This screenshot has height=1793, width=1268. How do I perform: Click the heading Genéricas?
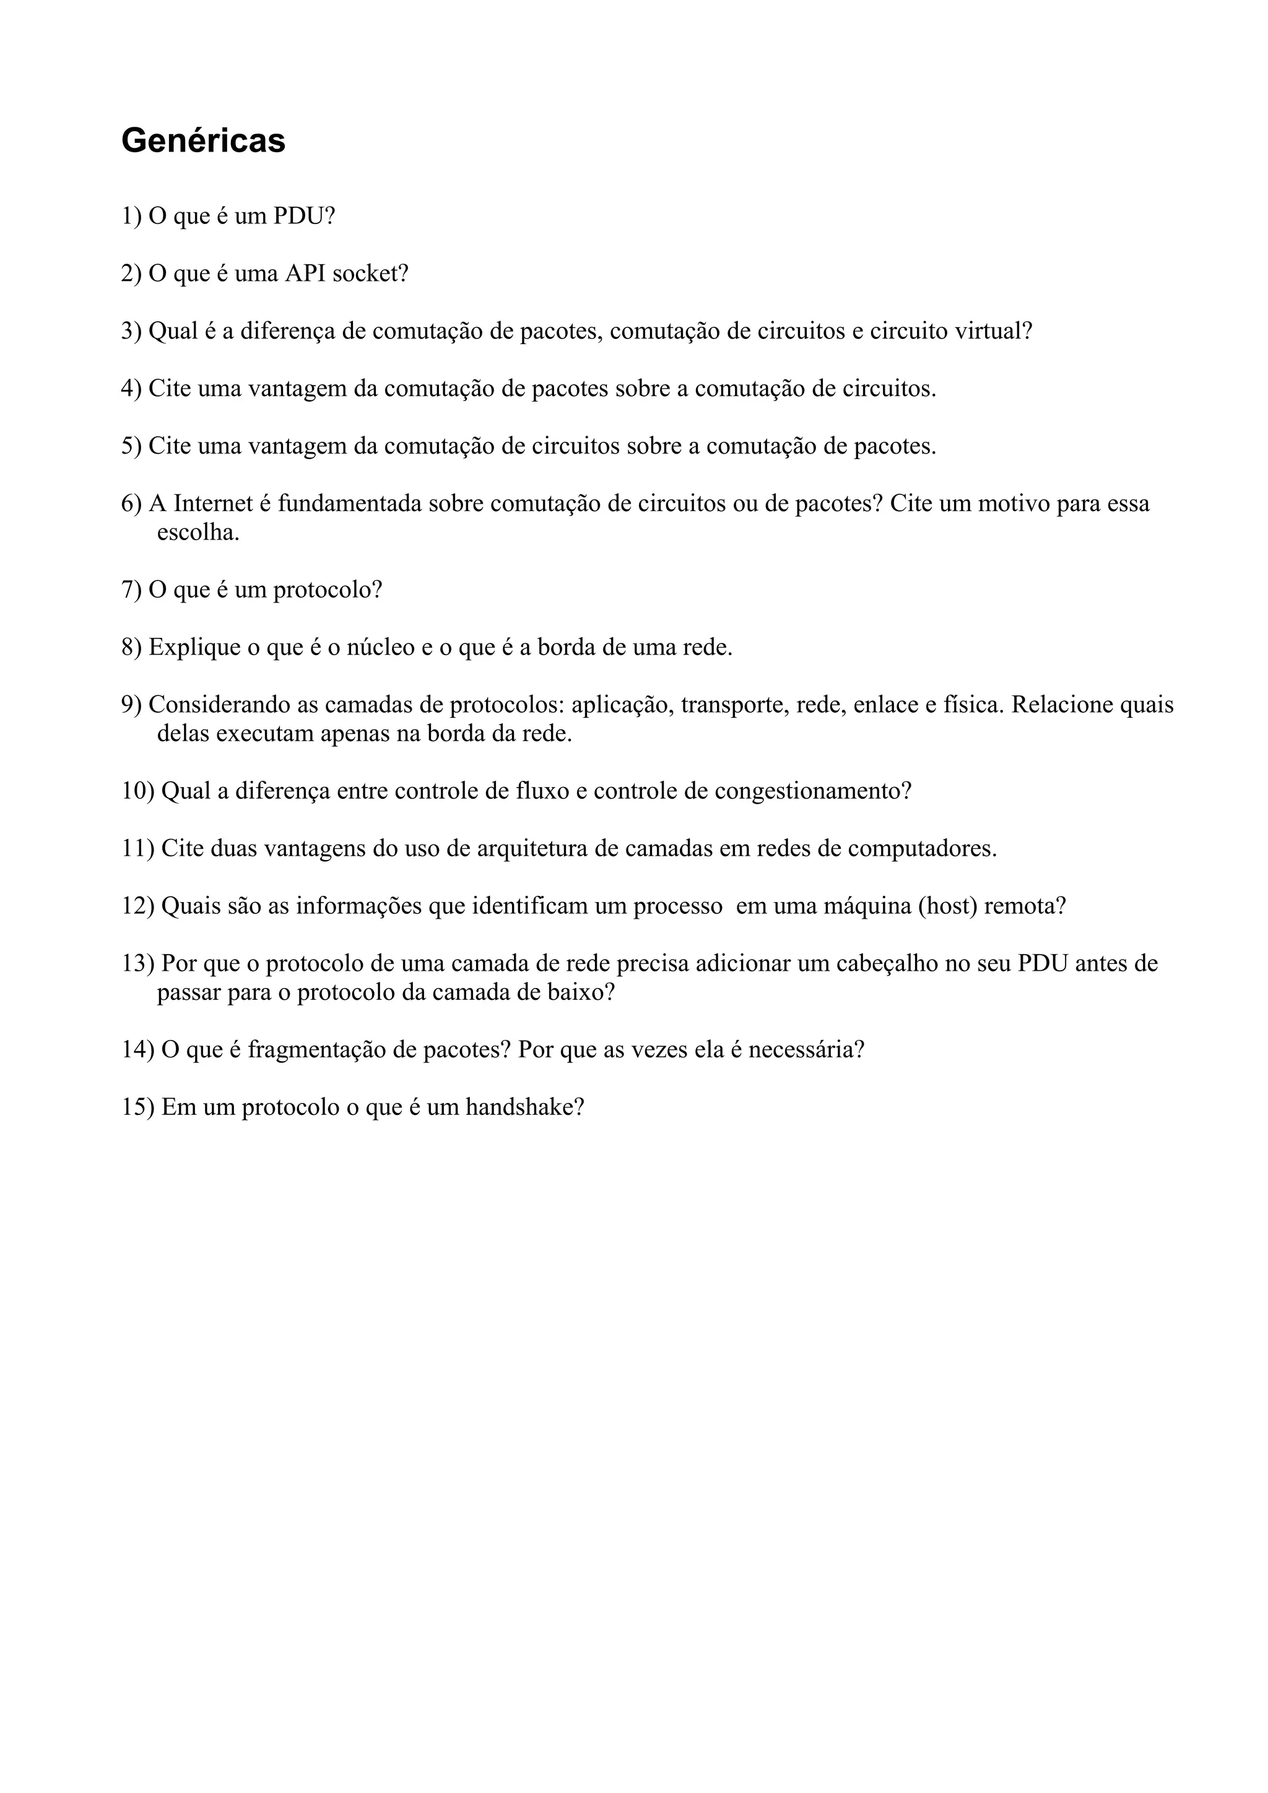tap(203, 141)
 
